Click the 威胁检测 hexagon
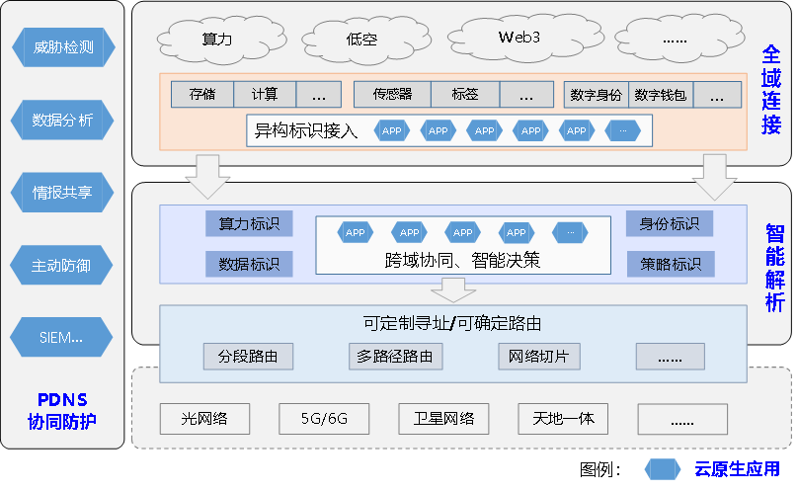(62, 46)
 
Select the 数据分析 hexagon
(62, 121)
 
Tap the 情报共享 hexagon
(62, 193)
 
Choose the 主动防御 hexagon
(62, 265)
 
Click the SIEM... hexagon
(62, 338)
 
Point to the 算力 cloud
(216, 40)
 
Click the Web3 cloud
(519, 38)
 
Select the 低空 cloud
(361, 41)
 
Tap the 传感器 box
(392, 95)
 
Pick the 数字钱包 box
(661, 95)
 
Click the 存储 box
(201, 95)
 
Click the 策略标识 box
(670, 264)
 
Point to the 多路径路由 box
(395, 357)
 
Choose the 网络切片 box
(538, 357)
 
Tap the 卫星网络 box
(443, 419)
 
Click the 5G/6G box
(324, 419)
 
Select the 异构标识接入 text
(306, 130)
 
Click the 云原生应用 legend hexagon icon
(663, 468)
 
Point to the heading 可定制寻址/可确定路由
(452, 323)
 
